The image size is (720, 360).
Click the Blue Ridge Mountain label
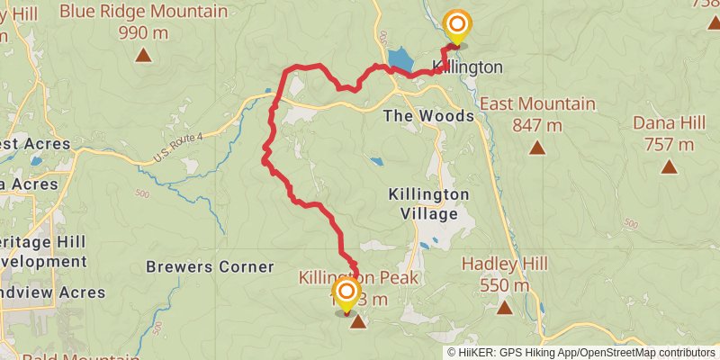(143, 12)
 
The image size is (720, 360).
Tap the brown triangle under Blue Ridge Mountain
(143, 56)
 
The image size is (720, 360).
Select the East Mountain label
(537, 103)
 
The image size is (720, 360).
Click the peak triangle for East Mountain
(537, 148)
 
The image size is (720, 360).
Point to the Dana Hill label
(670, 122)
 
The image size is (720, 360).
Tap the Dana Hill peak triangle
(670, 166)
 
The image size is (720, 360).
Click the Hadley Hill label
(505, 264)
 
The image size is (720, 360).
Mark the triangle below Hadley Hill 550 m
(505, 309)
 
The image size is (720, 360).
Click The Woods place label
(428, 116)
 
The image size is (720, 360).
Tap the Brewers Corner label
(210, 266)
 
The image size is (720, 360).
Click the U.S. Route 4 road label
(178, 147)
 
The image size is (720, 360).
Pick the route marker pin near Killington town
(457, 27)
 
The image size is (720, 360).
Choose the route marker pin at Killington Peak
(346, 293)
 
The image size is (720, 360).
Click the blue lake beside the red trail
(400, 60)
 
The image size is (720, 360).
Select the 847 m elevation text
(537, 125)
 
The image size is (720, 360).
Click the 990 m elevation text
(143, 33)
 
